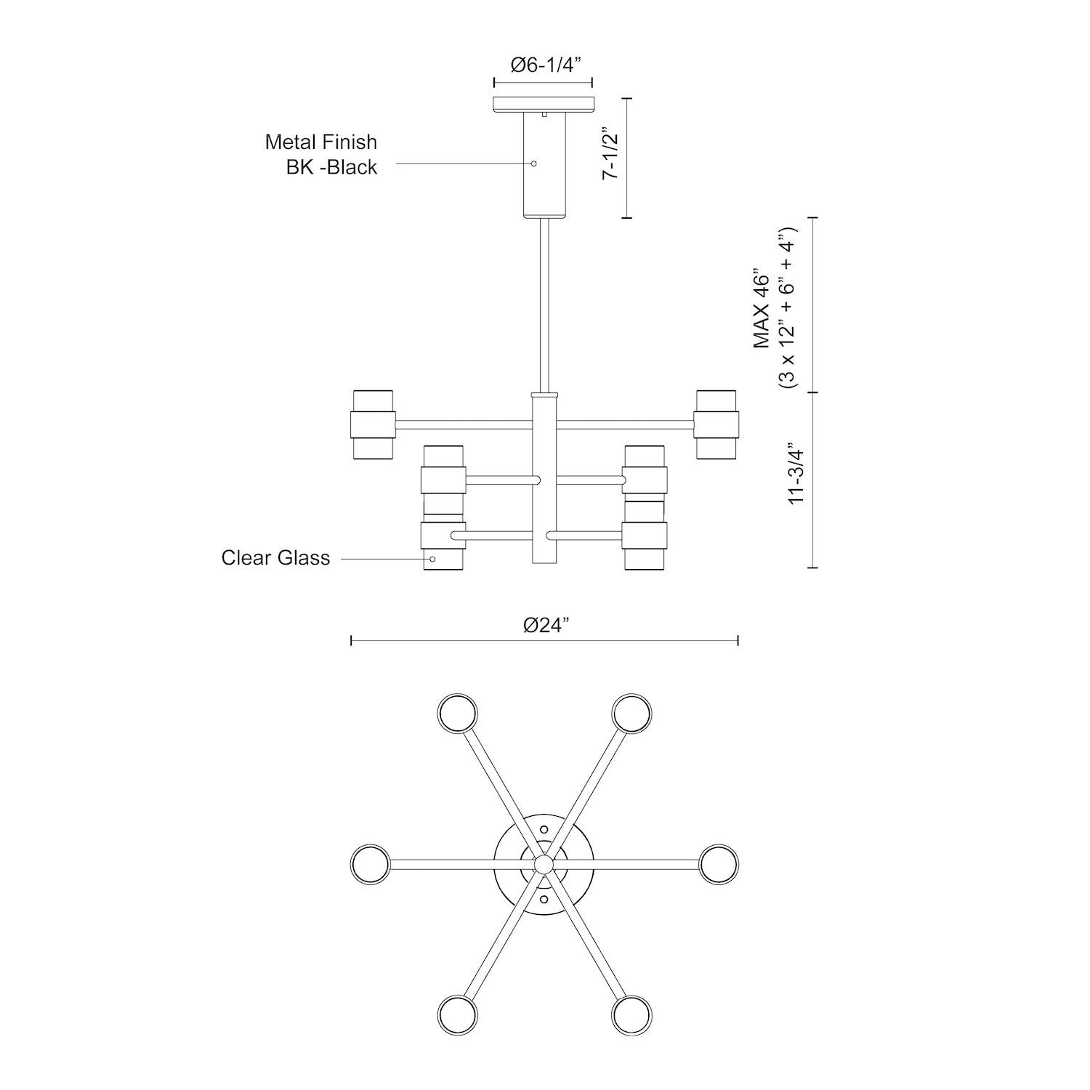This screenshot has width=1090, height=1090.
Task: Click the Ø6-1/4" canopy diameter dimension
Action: coord(543,65)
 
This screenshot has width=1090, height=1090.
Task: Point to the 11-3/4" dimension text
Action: coord(797,472)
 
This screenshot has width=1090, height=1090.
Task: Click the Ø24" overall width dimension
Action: coord(545,625)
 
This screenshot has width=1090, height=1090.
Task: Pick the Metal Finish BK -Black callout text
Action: coord(320,154)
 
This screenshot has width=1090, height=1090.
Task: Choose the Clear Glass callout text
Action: coord(275,558)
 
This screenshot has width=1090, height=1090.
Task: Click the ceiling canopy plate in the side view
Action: coord(543,105)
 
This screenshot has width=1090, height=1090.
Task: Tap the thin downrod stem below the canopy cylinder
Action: coord(544,305)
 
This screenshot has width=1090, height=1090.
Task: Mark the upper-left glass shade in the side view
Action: coord(373,424)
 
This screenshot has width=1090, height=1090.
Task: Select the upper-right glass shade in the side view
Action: coord(716,424)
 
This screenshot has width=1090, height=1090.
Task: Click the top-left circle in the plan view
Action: coord(459,712)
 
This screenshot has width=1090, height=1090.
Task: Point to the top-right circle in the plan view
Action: coord(631,712)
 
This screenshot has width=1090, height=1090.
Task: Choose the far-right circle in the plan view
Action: coord(719,864)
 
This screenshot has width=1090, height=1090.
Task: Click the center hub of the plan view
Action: coord(543,864)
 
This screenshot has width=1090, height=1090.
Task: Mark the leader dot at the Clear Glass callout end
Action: coord(433,559)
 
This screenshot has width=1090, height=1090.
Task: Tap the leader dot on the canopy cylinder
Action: coord(534,163)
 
